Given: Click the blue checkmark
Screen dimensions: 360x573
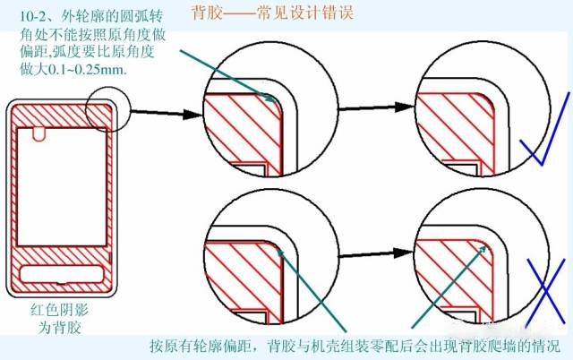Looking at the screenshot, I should click(x=542, y=134).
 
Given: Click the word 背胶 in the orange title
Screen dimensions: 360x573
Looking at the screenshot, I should click(x=205, y=13).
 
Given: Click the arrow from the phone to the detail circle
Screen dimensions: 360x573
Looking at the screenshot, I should click(x=157, y=111).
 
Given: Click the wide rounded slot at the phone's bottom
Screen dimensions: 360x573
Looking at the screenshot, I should click(x=60, y=274).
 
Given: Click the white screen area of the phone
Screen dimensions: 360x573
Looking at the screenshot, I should click(x=60, y=193).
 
